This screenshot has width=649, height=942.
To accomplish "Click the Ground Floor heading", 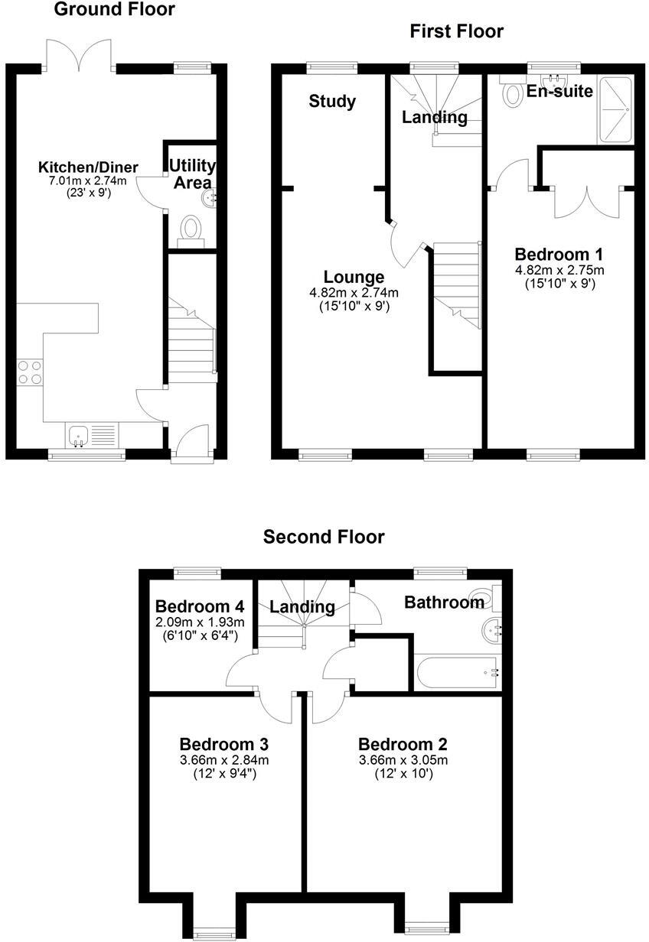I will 114,10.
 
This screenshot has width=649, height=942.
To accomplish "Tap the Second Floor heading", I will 324,537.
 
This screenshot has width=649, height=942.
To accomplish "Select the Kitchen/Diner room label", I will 89,167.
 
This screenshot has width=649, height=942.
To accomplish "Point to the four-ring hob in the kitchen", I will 30,372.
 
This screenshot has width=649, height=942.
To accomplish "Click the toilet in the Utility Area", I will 190,229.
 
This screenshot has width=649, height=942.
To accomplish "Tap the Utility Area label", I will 192,174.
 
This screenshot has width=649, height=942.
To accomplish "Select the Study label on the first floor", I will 332,101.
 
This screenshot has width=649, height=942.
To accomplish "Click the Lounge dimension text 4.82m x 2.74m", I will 354,292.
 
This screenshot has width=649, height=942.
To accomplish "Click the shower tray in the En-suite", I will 616,110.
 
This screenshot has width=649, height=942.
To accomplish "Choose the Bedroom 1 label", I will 559,254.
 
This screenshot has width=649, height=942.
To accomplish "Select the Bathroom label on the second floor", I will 444,603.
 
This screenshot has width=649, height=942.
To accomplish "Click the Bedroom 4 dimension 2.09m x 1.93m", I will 200,622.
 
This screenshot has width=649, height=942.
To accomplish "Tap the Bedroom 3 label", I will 223,744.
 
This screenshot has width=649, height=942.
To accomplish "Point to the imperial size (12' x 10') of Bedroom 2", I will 403,774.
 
